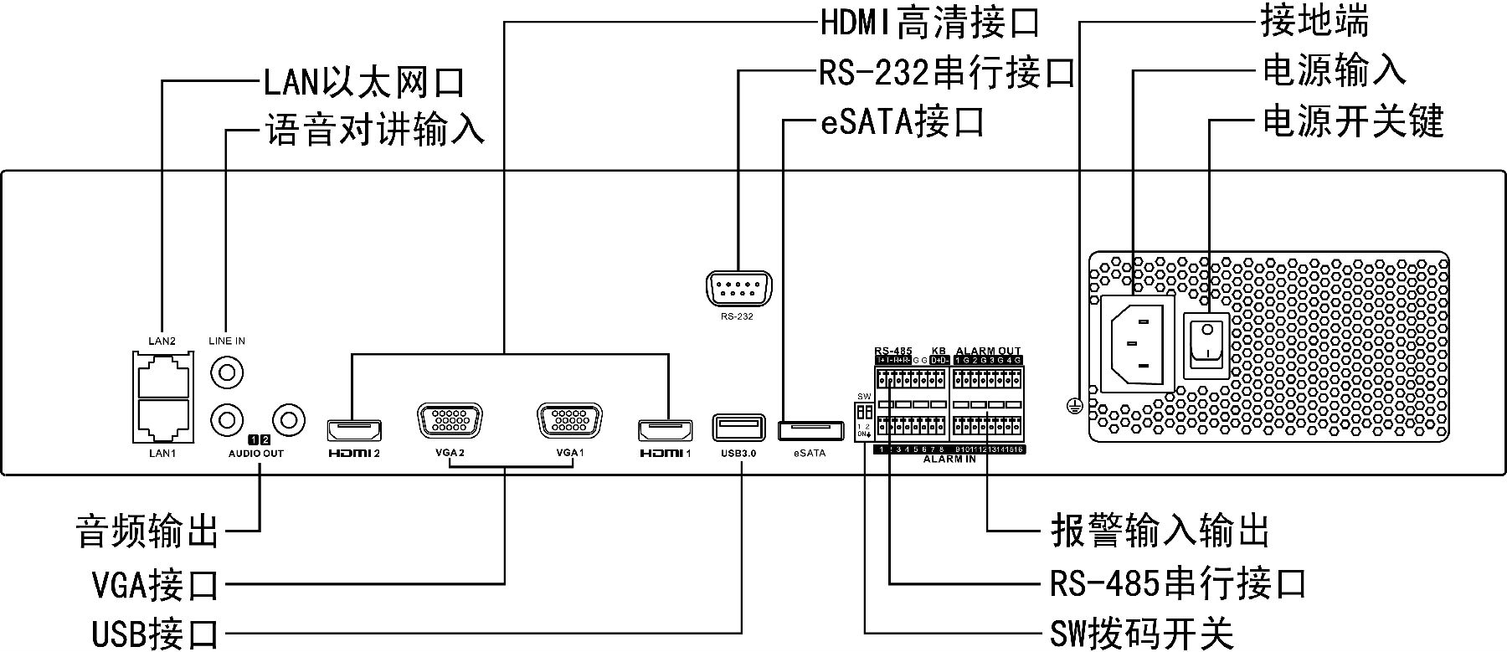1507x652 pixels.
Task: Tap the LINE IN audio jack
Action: [x=227, y=371]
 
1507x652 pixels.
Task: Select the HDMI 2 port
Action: [x=354, y=430]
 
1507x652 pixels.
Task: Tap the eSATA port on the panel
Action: [x=810, y=431]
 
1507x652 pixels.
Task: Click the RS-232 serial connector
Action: [x=738, y=291]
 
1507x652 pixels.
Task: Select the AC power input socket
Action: [x=1136, y=342]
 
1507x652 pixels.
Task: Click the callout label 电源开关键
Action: [x=1352, y=121]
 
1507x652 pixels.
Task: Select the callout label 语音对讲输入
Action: [x=375, y=131]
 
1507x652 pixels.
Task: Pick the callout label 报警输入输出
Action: [x=1160, y=531]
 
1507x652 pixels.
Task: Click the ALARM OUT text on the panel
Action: [x=988, y=351]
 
